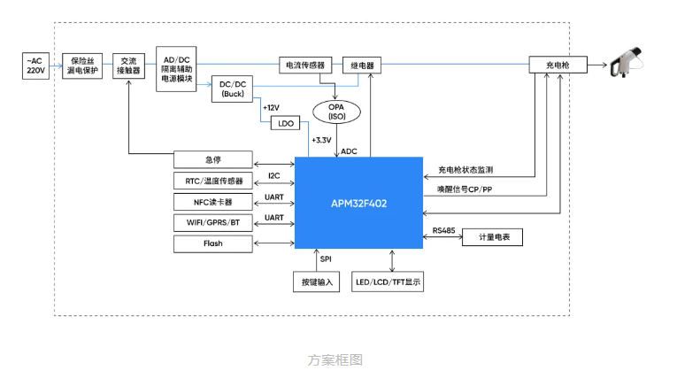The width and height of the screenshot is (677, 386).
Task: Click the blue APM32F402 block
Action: (x=358, y=203)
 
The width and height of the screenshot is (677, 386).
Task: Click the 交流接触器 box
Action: (x=129, y=65)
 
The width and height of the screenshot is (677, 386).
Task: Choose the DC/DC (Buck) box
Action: (x=233, y=89)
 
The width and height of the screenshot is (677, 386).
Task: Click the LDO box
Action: (x=286, y=124)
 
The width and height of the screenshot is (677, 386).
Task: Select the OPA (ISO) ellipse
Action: (x=336, y=112)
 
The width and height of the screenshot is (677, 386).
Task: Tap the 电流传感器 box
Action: (x=305, y=65)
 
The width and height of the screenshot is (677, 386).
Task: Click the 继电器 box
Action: (x=361, y=65)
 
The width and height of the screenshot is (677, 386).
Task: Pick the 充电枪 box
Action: (x=558, y=65)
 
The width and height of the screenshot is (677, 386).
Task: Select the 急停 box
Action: (x=212, y=160)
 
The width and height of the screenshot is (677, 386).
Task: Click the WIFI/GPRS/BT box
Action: (x=212, y=222)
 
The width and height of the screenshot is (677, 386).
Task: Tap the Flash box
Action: (x=212, y=243)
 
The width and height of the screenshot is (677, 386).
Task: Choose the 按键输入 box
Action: (x=316, y=282)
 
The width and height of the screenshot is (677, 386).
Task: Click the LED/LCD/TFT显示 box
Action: (x=389, y=282)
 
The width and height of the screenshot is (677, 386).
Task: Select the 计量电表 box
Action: (x=492, y=237)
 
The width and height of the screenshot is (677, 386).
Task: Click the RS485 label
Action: (x=444, y=230)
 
